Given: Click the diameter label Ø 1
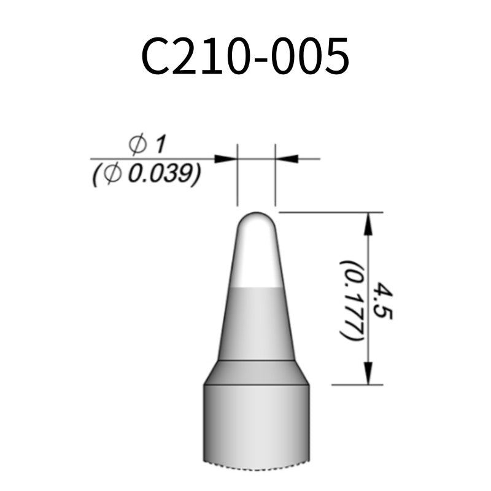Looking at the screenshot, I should pyautogui.click(x=148, y=145).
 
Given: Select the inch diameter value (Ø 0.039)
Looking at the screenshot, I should pyautogui.click(x=145, y=175).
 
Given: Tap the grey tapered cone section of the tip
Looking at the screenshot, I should pyautogui.click(x=257, y=322).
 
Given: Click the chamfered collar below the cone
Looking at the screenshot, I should pyautogui.click(x=257, y=372).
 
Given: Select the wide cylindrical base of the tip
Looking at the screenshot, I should pyautogui.click(x=257, y=423).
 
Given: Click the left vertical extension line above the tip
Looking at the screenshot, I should pyautogui.click(x=238, y=181).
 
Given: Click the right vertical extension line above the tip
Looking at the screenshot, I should pyautogui.click(x=275, y=181).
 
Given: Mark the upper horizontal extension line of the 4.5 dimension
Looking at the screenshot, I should pyautogui.click(x=331, y=212).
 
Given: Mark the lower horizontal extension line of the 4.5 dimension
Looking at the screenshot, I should pyautogui.click(x=356, y=385).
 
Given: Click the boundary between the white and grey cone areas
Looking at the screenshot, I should pyautogui.click(x=257, y=287).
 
